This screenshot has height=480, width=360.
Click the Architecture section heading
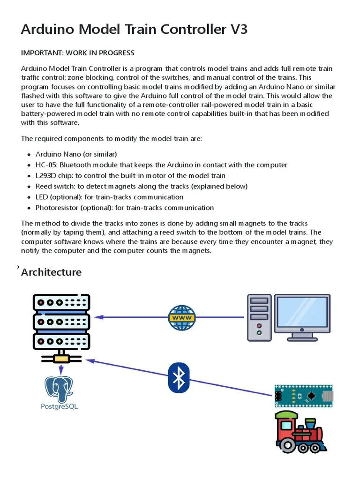(x=51, y=272)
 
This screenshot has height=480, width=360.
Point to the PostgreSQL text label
(x=59, y=406)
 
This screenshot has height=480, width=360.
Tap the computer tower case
(x=259, y=317)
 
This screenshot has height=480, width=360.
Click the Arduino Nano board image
(x=303, y=396)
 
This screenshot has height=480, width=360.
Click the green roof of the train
(x=286, y=415)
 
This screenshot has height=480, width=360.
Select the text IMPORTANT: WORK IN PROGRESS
(x=78, y=52)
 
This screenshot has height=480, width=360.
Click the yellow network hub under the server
(x=61, y=359)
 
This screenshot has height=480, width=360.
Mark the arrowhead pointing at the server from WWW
(x=98, y=317)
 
